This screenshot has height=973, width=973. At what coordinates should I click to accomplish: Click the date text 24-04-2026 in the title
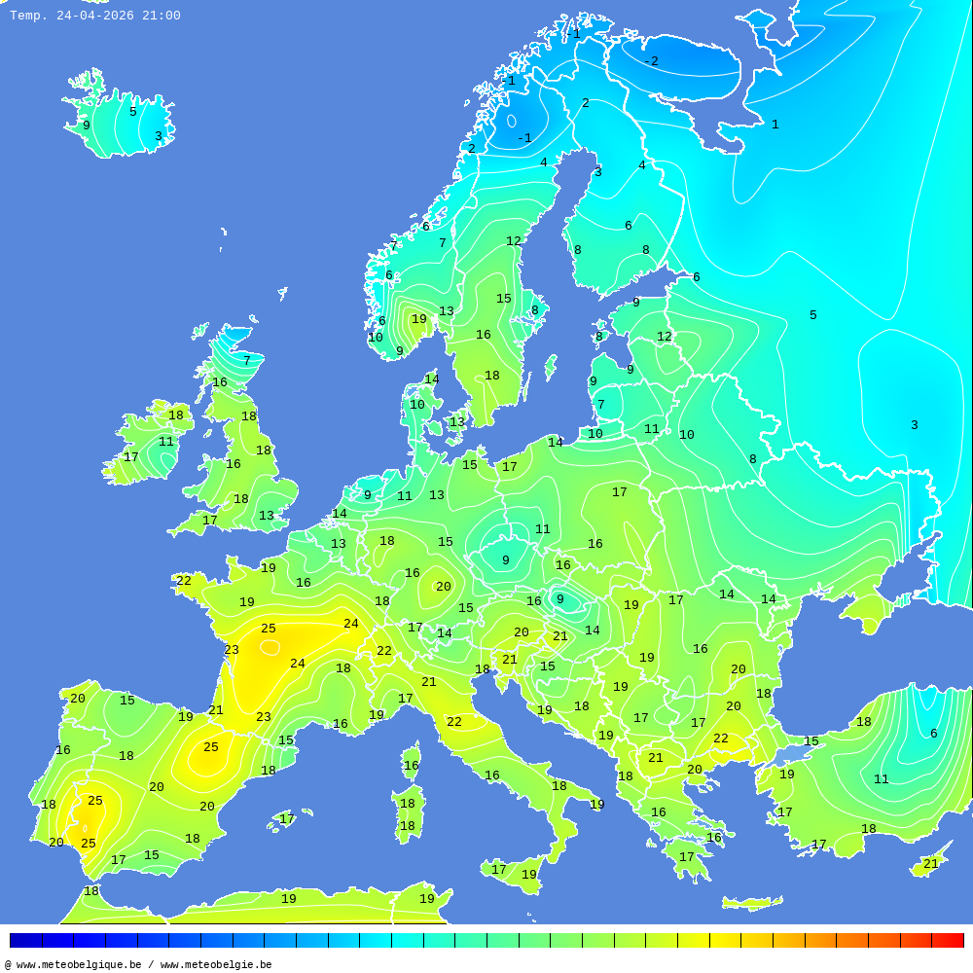coord(95,16)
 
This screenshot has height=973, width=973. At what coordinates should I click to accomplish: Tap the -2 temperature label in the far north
coord(651,61)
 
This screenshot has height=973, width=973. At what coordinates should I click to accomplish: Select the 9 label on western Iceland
coord(86,126)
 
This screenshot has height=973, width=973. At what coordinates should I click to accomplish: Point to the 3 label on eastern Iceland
coord(158,136)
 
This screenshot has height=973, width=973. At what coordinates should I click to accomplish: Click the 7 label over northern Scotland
coord(246,361)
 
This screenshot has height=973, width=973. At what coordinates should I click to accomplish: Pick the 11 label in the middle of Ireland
coord(166,442)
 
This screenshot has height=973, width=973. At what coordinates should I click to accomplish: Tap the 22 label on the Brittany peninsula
coord(184,581)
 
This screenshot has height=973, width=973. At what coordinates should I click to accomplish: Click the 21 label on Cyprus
coord(931,864)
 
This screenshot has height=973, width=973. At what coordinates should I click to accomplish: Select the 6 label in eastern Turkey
coord(933,734)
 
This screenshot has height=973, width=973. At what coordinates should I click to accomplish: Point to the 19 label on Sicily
coord(528,875)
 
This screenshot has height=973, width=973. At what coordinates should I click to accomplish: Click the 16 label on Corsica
coord(412,766)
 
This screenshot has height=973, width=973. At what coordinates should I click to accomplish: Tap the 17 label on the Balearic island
coord(287,820)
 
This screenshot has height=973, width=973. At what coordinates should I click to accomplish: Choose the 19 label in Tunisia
coord(426,899)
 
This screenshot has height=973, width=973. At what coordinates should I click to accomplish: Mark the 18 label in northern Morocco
coord(91,891)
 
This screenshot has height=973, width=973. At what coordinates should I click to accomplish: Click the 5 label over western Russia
coord(812,315)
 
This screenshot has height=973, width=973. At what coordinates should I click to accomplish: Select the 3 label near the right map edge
coord(914,425)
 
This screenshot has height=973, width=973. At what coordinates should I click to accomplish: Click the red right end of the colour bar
coord(950,940)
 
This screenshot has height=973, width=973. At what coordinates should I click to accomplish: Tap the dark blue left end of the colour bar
coord(24,940)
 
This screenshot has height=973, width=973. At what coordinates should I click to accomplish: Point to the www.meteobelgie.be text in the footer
coord(216,965)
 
